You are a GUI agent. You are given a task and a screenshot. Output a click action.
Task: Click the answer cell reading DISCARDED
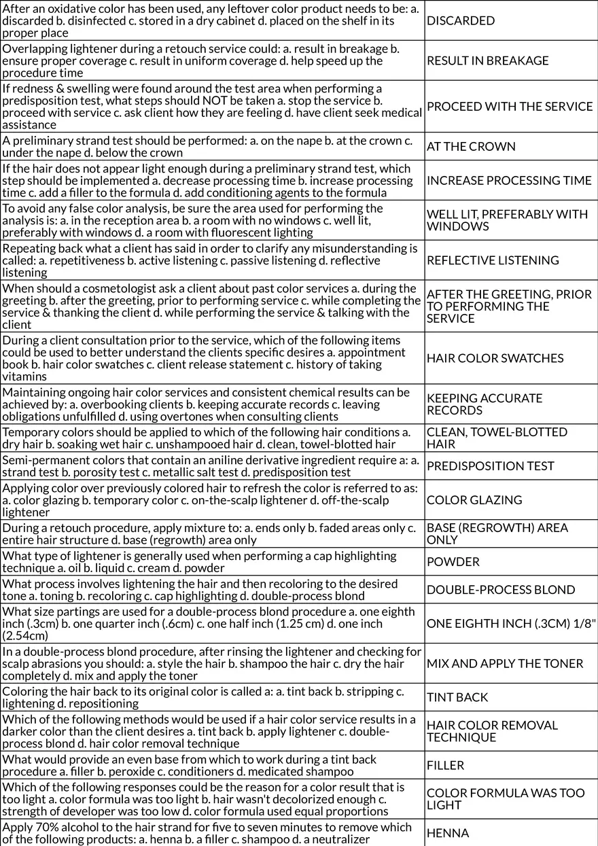pyautogui.click(x=461, y=20)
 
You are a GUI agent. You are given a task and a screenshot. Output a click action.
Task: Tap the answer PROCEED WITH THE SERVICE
pyautogui.click(x=510, y=106)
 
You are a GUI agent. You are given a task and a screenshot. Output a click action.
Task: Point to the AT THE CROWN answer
pyautogui.click(x=471, y=146)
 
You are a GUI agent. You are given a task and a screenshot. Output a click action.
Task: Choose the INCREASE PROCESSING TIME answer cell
pyautogui.click(x=509, y=180)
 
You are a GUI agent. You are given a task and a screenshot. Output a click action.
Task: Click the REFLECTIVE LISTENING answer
pyautogui.click(x=493, y=260)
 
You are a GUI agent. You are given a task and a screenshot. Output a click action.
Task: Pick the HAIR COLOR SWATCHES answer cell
pyautogui.click(x=495, y=358)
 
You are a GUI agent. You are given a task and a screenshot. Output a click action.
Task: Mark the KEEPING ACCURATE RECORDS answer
pyautogui.click(x=485, y=404)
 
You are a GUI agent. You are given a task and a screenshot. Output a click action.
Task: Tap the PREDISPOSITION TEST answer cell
pyautogui.click(x=490, y=465)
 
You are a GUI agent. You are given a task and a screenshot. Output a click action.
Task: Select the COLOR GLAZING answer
pyautogui.click(x=474, y=499)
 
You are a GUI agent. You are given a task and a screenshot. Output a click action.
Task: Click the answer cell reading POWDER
pyautogui.click(x=453, y=561)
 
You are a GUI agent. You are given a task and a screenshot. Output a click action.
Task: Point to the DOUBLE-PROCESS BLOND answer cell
pyautogui.click(x=501, y=589)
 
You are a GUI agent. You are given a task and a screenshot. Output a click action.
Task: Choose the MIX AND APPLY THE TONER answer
pyautogui.click(x=505, y=663)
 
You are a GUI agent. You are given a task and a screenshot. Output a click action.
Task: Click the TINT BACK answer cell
pyautogui.click(x=457, y=697)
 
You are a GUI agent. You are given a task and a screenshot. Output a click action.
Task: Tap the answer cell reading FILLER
pyautogui.click(x=446, y=765)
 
